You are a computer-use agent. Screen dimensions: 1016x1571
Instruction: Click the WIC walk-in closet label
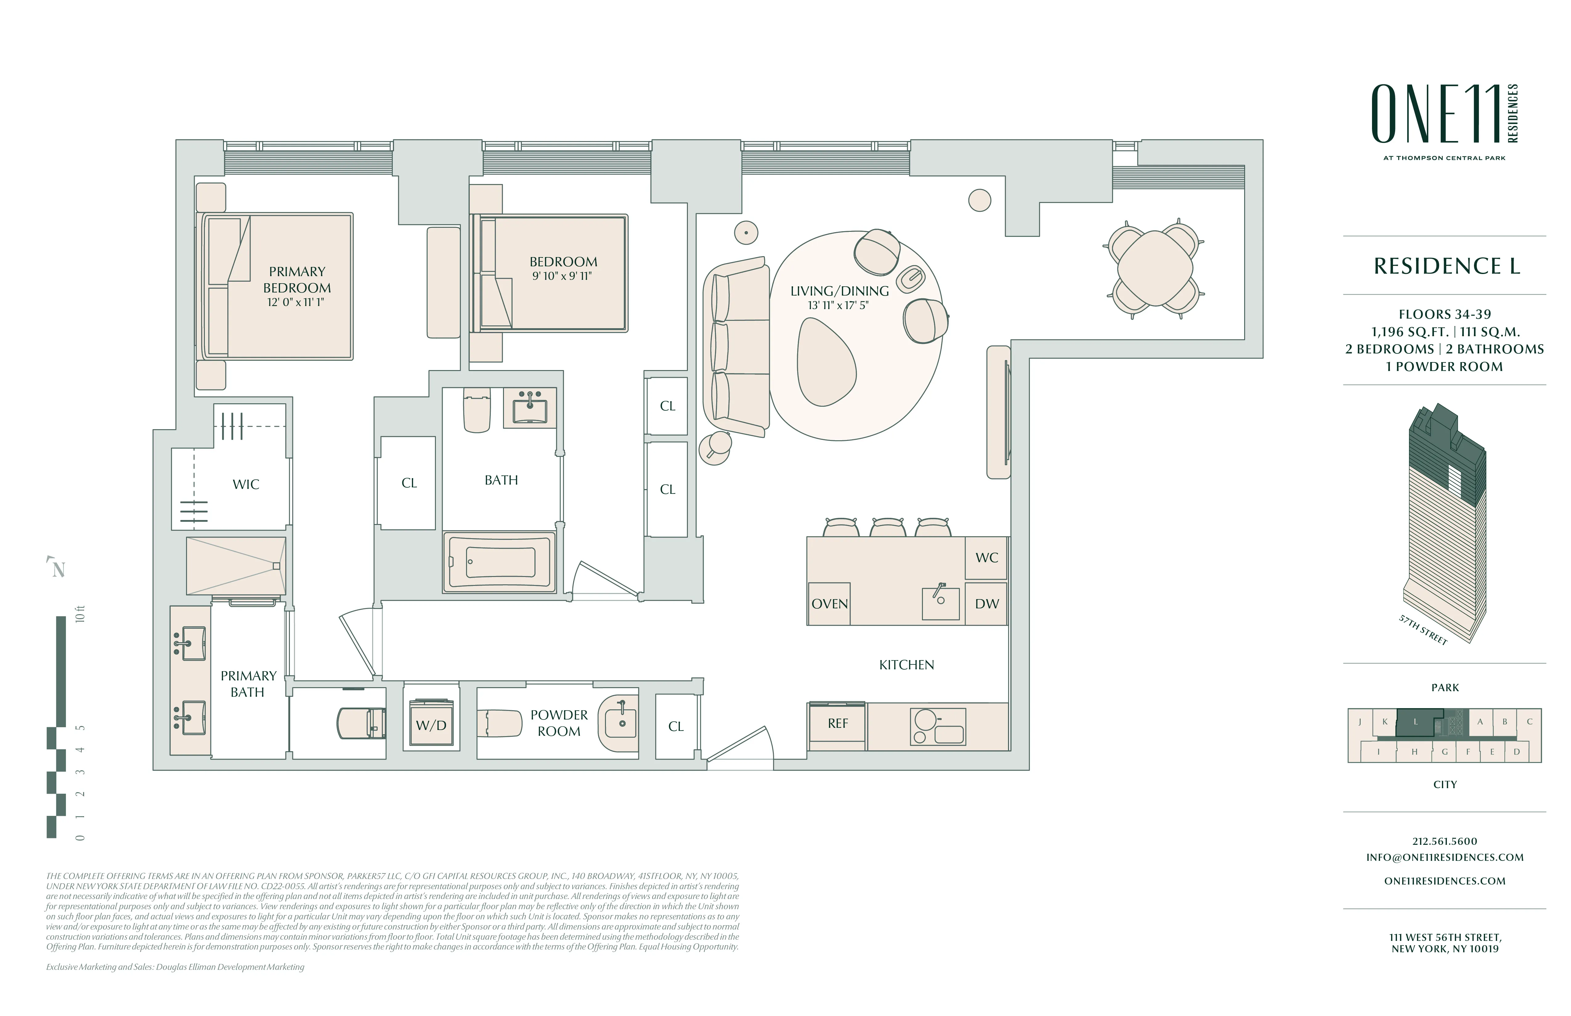(246, 484)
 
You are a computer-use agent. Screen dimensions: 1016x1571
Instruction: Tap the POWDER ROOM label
(558, 723)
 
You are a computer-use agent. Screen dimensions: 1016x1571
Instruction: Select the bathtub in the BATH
(500, 562)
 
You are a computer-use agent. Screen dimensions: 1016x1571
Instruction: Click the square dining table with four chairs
(1155, 268)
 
